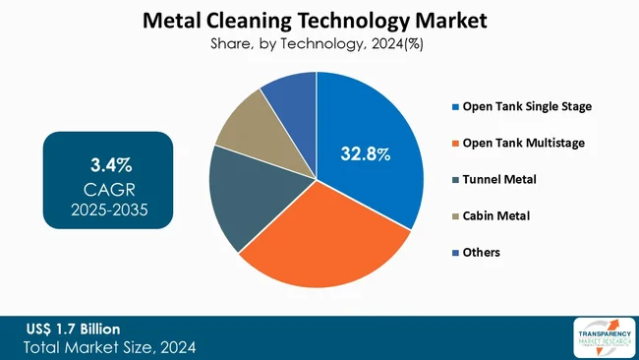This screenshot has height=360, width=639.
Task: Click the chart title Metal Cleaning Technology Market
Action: pyautogui.click(x=315, y=20)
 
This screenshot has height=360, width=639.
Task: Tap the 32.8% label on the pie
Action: pyautogui.click(x=364, y=154)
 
